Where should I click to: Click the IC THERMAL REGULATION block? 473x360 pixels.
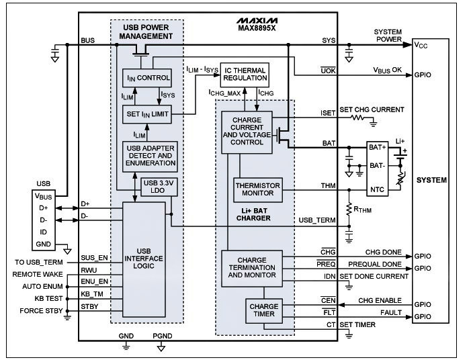tap(245, 75)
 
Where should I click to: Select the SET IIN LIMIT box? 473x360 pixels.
tap(147, 114)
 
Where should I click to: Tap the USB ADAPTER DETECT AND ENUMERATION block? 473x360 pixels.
tap(150, 156)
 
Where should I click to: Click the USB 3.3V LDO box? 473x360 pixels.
tap(159, 187)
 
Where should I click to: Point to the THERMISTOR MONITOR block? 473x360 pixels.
tap(258, 190)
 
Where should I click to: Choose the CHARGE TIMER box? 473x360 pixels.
tap(264, 311)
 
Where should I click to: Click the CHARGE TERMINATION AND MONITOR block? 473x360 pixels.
tap(252, 269)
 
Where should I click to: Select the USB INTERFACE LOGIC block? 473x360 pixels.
tap(144, 259)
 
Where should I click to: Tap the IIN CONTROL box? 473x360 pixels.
tap(147, 78)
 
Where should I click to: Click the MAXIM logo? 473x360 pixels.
tap(257, 21)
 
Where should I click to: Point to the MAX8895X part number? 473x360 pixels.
tap(257, 28)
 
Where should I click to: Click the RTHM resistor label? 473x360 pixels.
tap(362, 210)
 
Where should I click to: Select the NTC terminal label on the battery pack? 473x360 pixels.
tap(377, 189)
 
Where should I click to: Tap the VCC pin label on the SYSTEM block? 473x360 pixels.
tap(421, 45)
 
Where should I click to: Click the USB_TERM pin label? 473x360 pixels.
tap(317, 220)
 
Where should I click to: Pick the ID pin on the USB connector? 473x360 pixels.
tap(44, 232)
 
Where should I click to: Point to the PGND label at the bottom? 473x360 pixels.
tap(163, 336)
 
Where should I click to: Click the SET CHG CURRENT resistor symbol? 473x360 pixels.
tap(357, 118)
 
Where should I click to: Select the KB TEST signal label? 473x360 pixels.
tap(48, 298)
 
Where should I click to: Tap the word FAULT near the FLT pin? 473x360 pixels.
tap(391, 313)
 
